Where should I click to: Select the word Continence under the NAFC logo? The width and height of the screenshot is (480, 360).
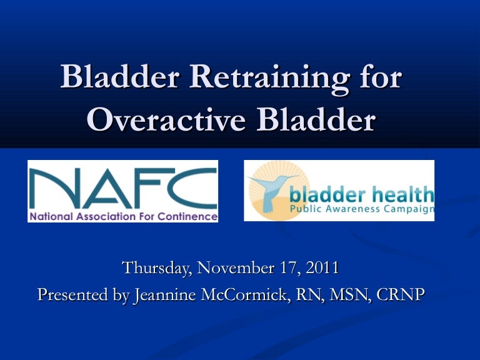point(191,217)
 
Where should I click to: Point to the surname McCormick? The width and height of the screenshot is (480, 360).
point(241,294)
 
